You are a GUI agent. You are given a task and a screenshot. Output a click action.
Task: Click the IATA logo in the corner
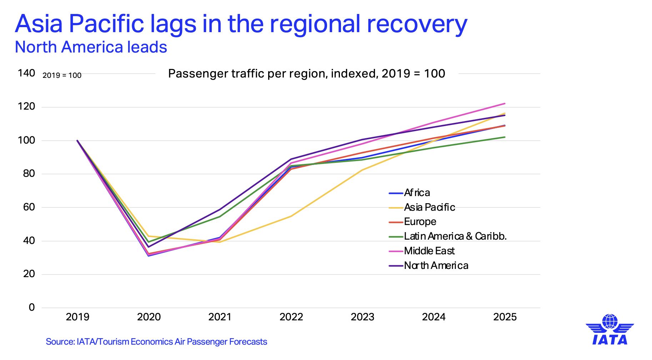pyautogui.click(x=610, y=330)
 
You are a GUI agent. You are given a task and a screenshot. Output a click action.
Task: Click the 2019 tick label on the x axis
pyautogui.click(x=77, y=317)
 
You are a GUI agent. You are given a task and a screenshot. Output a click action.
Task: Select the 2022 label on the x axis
pyautogui.click(x=291, y=317)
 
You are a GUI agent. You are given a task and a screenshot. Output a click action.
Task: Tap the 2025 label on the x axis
pyautogui.click(x=505, y=317)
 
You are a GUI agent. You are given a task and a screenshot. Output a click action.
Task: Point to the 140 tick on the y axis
pyautogui.click(x=26, y=73)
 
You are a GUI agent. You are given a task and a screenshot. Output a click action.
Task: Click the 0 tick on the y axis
pyautogui.click(x=32, y=307)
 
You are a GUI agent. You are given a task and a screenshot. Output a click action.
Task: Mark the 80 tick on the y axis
pyautogui.click(x=29, y=174)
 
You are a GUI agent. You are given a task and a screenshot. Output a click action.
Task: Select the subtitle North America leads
pyautogui.click(x=91, y=47)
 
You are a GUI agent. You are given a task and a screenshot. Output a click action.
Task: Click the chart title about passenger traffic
pyautogui.click(x=306, y=74)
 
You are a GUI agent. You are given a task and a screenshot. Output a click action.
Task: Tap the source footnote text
pyautogui.click(x=156, y=342)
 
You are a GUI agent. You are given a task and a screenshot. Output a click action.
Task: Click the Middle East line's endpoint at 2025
pyautogui.click(x=505, y=104)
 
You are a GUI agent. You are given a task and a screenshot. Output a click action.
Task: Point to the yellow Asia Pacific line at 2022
pyautogui.click(x=291, y=216)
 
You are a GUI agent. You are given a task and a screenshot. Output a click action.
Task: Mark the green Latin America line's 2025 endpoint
pyautogui.click(x=505, y=137)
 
